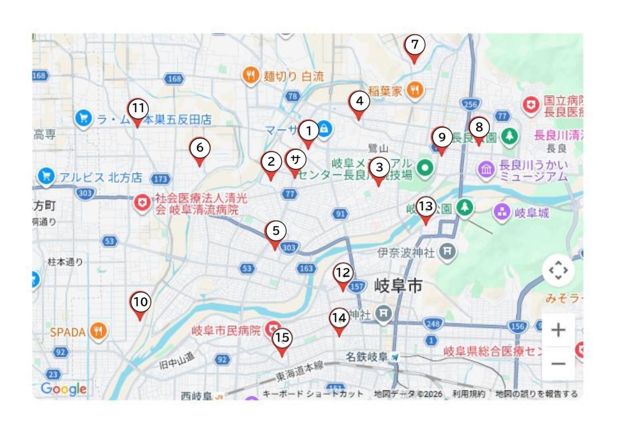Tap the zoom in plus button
coord(558,330)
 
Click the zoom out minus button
coord(558,363)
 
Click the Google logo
coord(64,389)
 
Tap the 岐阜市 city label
coord(398,286)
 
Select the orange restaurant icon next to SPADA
coord(99,331)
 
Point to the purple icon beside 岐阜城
coord(502,212)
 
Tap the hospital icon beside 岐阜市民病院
coord(274,330)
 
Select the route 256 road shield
coord(470,104)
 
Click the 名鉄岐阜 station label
coord(367,357)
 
